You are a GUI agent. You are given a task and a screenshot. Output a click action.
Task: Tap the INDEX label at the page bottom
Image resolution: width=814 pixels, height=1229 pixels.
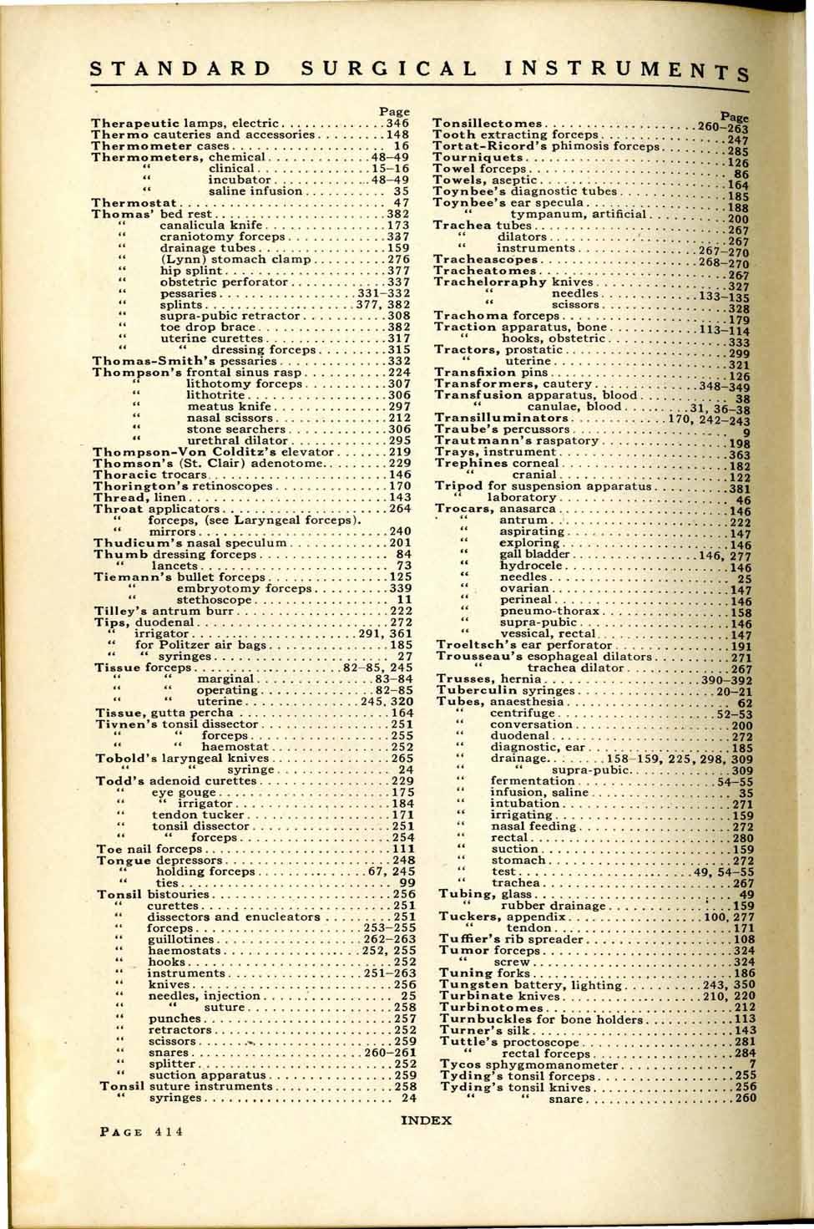pos(427,1120)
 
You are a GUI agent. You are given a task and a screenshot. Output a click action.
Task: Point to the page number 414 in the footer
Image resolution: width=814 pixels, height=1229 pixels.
pos(166,1133)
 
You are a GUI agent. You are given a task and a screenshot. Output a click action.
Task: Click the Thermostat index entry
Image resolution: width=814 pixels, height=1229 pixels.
pos(134,202)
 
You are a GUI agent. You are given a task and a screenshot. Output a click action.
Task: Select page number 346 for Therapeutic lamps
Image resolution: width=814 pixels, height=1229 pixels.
pos(397,123)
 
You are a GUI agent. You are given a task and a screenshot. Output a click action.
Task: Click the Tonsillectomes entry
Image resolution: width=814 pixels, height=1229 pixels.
pos(488,124)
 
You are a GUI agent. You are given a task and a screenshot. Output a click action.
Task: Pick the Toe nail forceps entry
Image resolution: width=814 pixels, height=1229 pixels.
pos(148,849)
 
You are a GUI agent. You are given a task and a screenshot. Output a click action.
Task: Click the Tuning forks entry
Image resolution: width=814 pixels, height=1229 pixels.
pos(484,973)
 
